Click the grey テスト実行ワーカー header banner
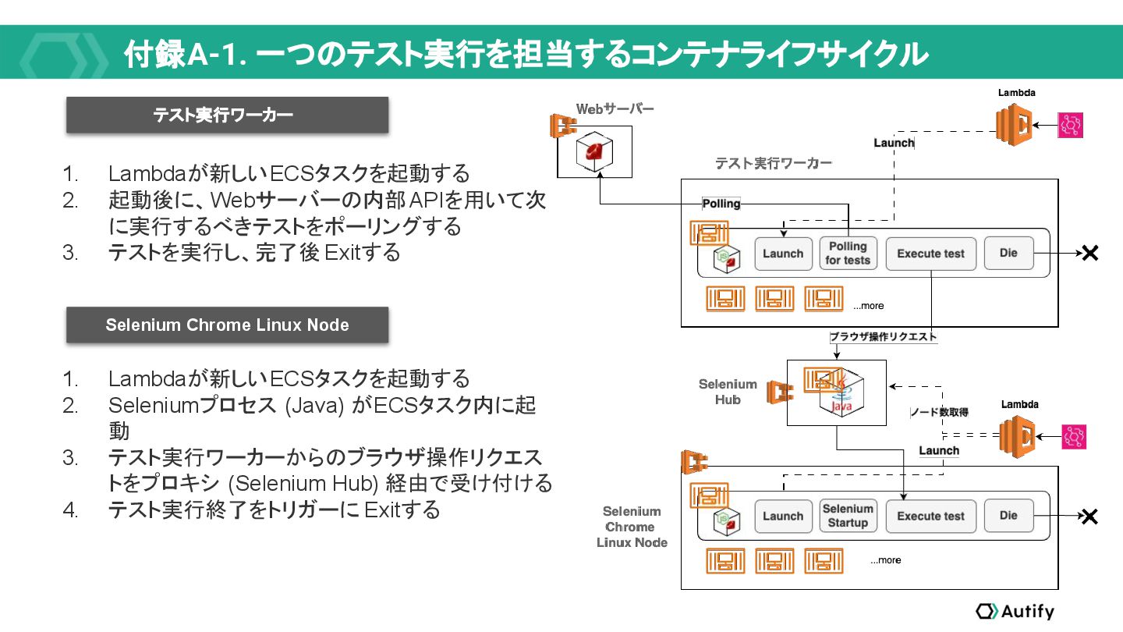tap(227, 115)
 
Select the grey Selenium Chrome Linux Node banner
tap(227, 325)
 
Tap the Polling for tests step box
tap(848, 254)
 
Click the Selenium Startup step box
tap(848, 516)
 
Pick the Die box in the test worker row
tap(1008, 253)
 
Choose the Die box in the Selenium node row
tap(1008, 515)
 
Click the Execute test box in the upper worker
tap(931, 254)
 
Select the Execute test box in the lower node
tap(931, 517)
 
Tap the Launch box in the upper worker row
tap(783, 254)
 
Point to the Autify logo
tap(1015, 611)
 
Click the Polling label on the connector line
tap(721, 204)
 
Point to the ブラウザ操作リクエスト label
tap(883, 336)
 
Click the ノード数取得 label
tap(939, 412)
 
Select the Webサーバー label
tap(615, 109)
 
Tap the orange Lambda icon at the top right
tap(1014, 125)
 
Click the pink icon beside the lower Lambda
tap(1074, 437)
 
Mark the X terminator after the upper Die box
tap(1090, 254)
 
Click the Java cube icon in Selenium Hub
tap(841, 398)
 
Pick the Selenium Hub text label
tap(728, 392)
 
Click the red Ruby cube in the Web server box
tap(594, 151)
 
